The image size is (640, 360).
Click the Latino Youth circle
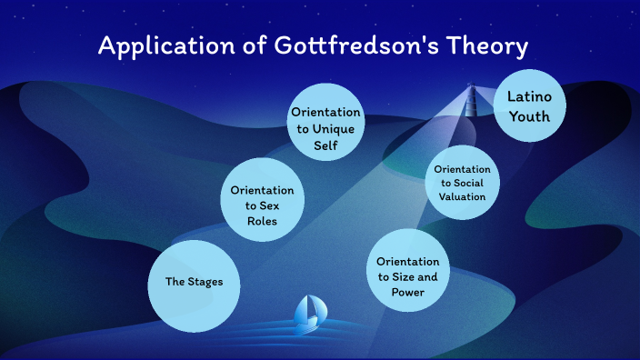click(x=529, y=105)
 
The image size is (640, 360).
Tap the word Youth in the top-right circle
click(x=529, y=115)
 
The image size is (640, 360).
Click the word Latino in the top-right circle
click(x=529, y=96)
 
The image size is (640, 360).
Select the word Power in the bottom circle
click(x=407, y=292)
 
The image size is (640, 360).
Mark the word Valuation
click(x=462, y=195)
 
